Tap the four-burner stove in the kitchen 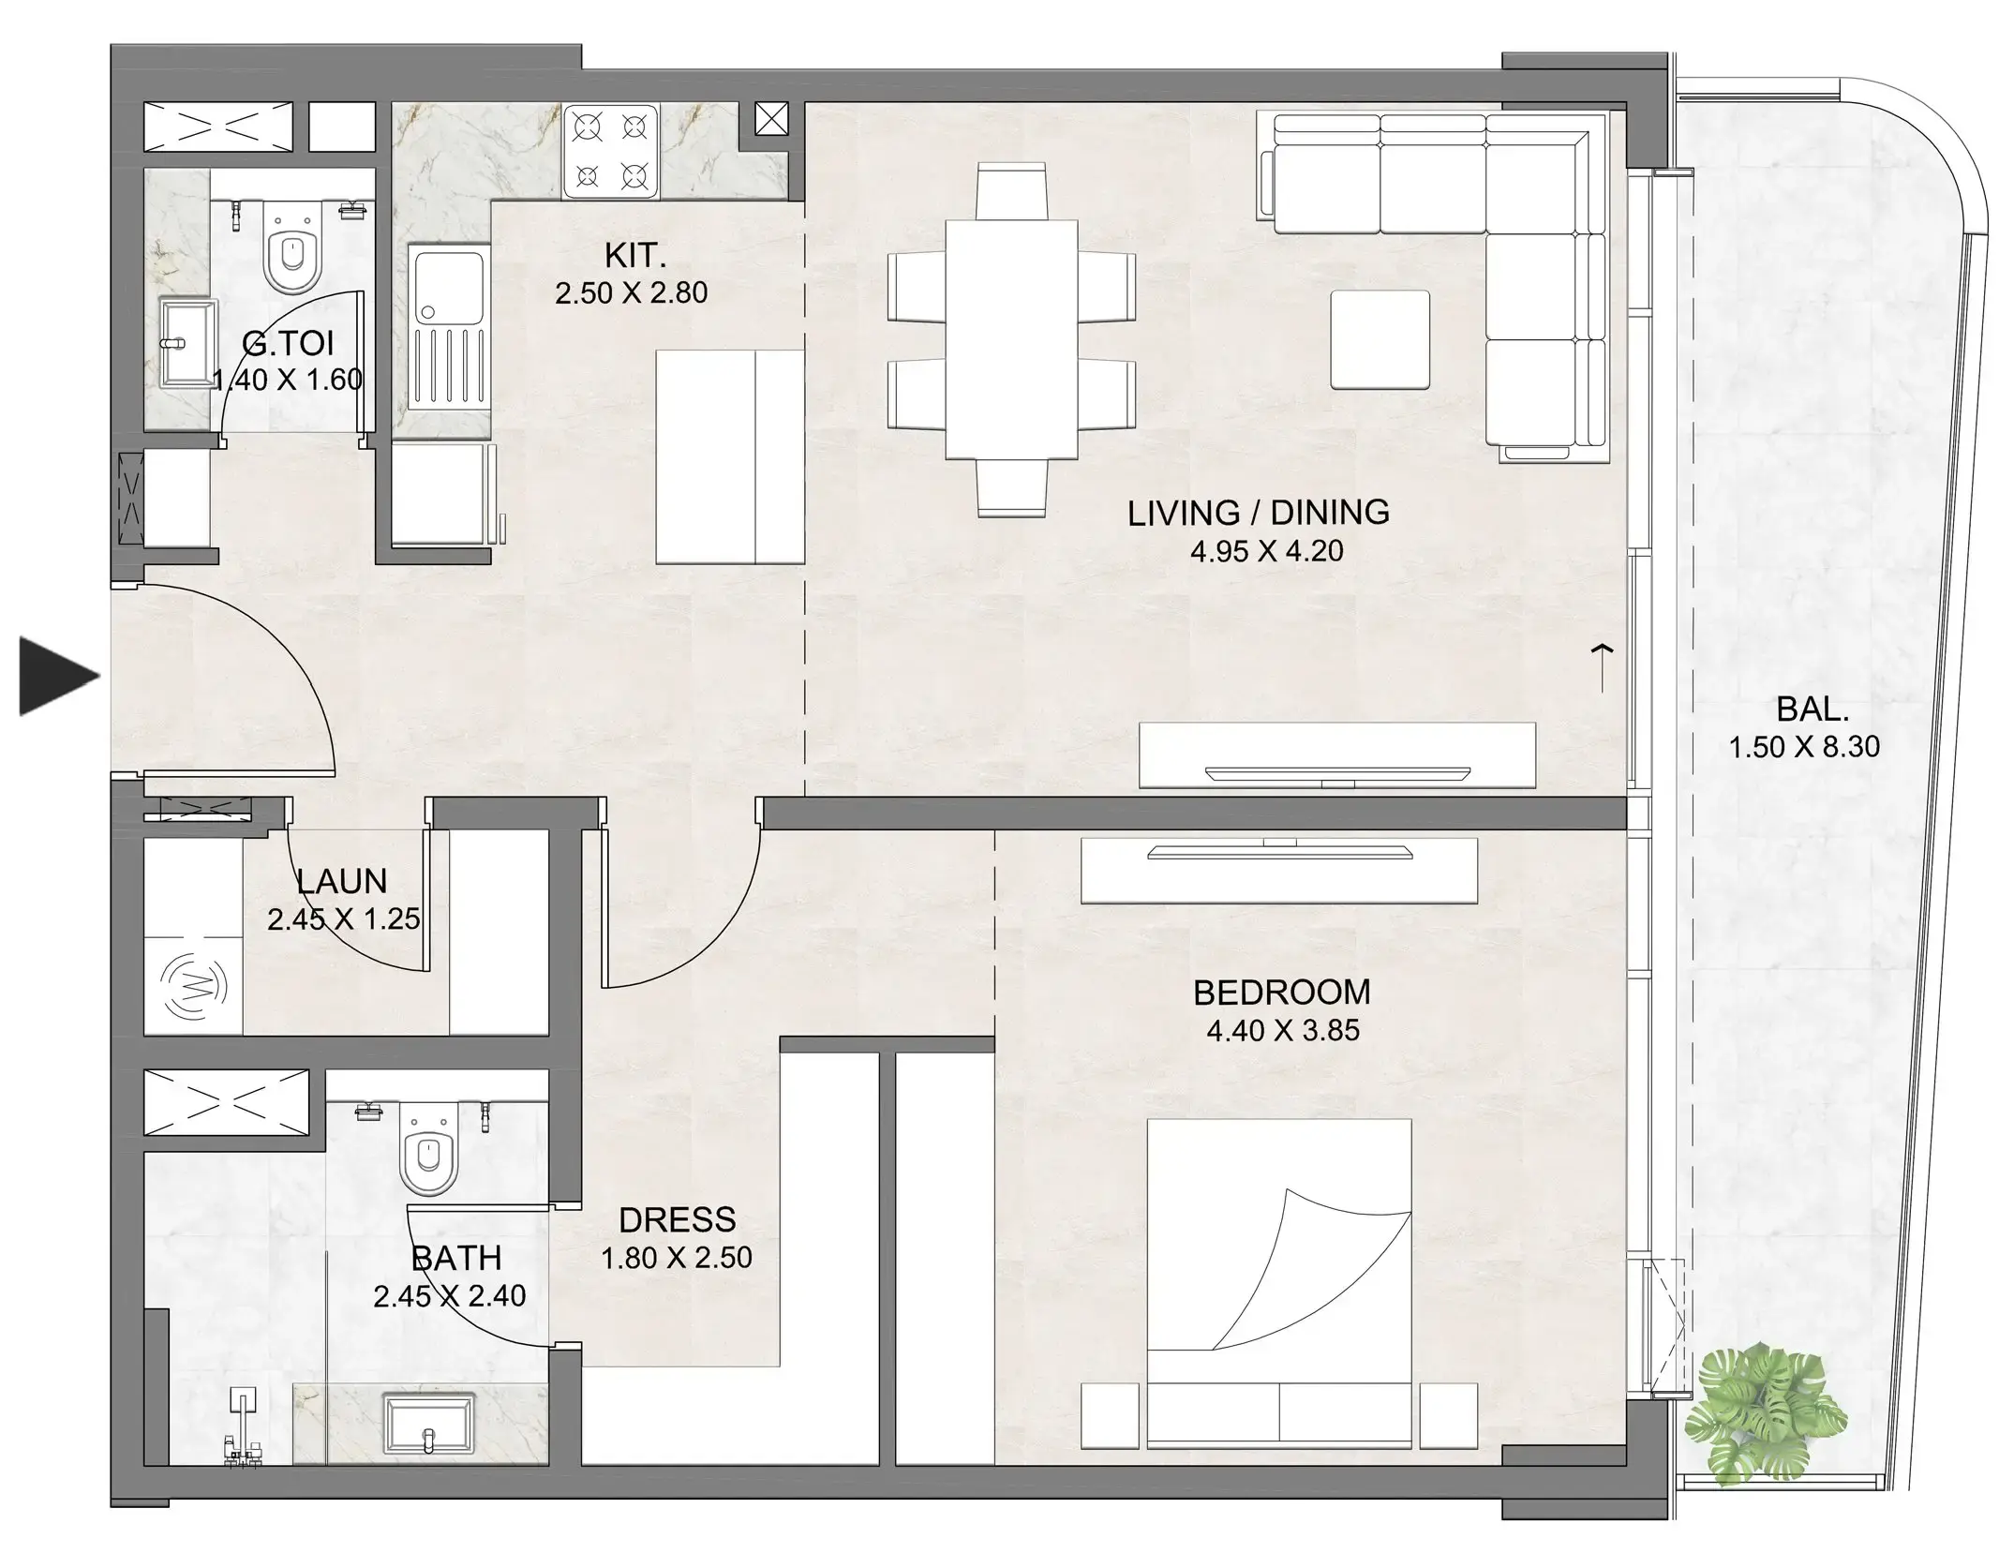point(610,151)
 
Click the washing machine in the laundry point(194,985)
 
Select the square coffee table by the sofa point(1380,339)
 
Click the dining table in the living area point(1010,339)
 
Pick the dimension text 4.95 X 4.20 point(1266,551)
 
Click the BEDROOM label point(1281,992)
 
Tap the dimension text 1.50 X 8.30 point(1804,747)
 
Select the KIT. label point(634,255)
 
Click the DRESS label point(677,1219)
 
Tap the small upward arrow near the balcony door point(1602,666)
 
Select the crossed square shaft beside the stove point(771,119)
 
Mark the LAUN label point(341,881)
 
